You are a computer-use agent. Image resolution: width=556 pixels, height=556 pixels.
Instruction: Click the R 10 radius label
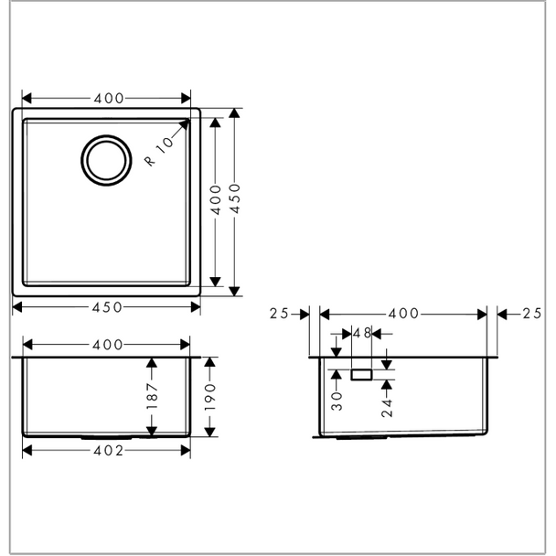tap(159, 152)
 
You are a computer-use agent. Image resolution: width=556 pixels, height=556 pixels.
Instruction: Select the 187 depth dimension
tap(152, 396)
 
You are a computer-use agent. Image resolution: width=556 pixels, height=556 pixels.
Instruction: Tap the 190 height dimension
tap(210, 397)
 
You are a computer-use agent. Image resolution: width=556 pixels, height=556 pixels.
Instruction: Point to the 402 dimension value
tap(109, 451)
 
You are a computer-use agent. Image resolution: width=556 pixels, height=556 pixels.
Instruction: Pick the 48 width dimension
tap(362, 333)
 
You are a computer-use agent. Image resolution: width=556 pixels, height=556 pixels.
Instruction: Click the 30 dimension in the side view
tap(337, 401)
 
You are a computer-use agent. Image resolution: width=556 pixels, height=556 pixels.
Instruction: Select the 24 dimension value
tap(387, 408)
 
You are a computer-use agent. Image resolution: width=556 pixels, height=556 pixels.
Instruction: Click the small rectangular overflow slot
tap(361, 375)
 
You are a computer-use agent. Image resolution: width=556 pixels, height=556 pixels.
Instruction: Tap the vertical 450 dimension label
tap(234, 198)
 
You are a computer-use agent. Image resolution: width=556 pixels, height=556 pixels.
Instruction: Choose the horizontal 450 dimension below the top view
tap(107, 307)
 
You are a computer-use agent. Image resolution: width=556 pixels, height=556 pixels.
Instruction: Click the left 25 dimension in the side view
tap(279, 314)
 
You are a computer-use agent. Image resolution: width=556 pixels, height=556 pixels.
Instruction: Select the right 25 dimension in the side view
tap(532, 314)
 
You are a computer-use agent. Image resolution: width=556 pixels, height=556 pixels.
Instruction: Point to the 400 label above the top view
tap(109, 98)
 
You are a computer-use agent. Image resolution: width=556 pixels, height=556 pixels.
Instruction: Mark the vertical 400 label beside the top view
tap(216, 199)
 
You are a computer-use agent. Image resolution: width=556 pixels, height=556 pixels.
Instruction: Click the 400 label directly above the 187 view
tap(107, 345)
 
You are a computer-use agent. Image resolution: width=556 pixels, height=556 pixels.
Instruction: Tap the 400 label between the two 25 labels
tap(403, 314)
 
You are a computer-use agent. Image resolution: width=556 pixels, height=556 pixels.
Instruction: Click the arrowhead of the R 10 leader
tap(185, 124)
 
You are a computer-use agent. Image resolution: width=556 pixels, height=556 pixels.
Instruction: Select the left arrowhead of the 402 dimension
tap(27, 451)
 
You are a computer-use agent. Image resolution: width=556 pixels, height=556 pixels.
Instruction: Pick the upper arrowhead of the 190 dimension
tap(210, 362)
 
